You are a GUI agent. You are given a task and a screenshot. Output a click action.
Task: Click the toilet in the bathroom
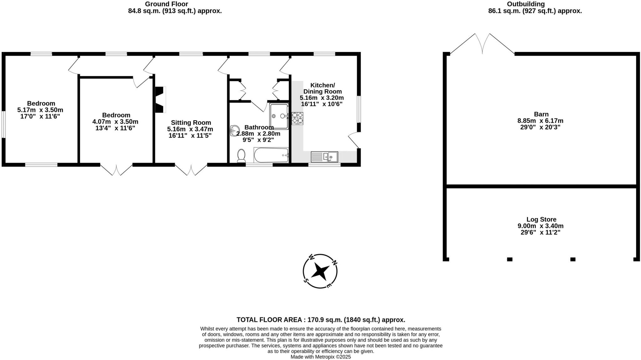[x=241, y=156]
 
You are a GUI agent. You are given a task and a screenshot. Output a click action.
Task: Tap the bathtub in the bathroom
[x=271, y=155]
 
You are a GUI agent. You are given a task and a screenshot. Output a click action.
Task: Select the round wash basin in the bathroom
[x=234, y=131]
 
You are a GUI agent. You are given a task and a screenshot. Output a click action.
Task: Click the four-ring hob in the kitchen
[x=297, y=118]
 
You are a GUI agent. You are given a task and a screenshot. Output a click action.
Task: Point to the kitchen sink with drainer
[x=324, y=157]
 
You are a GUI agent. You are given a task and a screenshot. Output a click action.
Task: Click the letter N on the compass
[x=334, y=263]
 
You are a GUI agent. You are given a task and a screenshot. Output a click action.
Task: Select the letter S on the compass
[x=306, y=280]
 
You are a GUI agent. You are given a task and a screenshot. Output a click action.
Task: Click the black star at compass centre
[x=320, y=271]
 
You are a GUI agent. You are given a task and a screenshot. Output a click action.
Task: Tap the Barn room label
[x=541, y=114]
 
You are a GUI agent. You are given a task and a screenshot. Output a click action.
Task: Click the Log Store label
[x=541, y=219]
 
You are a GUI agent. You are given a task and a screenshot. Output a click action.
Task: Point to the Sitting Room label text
[x=191, y=123]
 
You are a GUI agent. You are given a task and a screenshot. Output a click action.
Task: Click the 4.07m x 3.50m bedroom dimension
[x=115, y=122]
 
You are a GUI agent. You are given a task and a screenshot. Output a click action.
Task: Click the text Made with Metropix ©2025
[x=320, y=357]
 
